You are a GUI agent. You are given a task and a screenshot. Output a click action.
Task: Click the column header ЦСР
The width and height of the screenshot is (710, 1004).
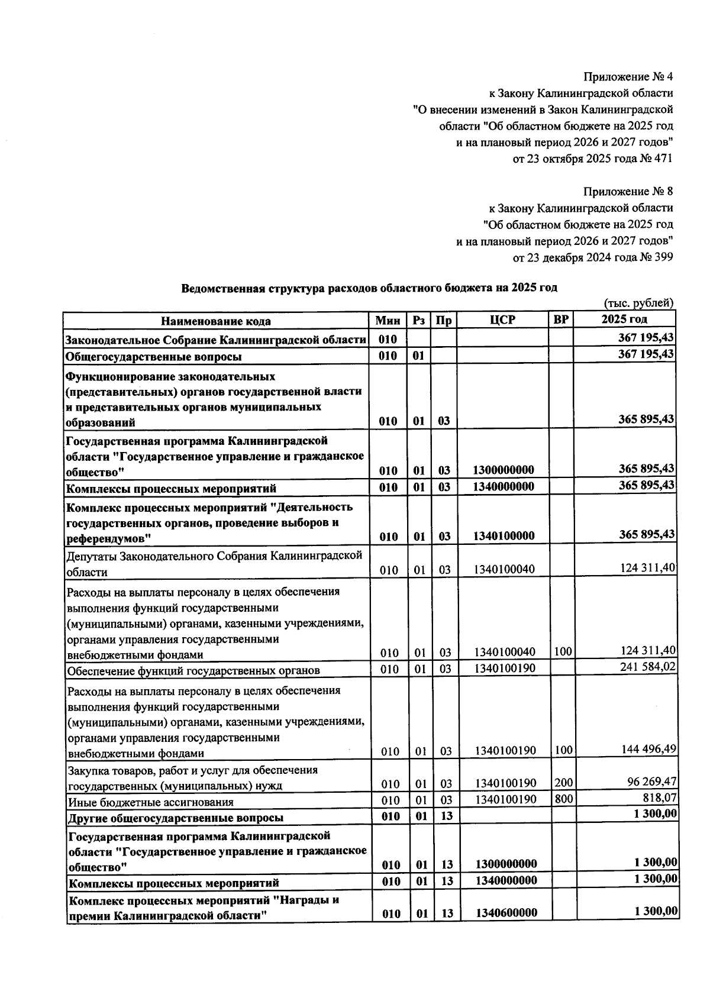point(502,319)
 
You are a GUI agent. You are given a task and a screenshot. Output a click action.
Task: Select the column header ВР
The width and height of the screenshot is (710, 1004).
point(560,319)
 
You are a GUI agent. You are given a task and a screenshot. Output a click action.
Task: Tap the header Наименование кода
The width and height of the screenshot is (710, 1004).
point(216,321)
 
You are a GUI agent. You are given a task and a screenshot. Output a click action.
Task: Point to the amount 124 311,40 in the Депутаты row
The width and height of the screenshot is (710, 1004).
point(648,568)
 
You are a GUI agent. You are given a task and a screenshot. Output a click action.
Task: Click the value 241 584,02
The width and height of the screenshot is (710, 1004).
point(648,667)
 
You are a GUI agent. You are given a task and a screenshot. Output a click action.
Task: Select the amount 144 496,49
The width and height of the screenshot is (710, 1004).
point(648,749)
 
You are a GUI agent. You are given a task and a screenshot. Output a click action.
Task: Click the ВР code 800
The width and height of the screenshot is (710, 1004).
point(563,799)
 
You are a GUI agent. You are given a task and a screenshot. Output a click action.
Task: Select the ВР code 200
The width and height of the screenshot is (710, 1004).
point(563,783)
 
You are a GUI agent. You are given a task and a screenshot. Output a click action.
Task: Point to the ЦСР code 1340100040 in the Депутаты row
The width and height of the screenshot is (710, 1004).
point(505,570)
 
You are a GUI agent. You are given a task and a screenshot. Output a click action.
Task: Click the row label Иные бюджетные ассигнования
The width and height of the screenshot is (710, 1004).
point(150,802)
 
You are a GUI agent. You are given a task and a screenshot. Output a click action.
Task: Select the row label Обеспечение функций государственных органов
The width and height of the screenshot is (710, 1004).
point(193,671)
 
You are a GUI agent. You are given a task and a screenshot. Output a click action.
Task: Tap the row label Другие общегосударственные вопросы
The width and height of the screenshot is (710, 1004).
point(176,818)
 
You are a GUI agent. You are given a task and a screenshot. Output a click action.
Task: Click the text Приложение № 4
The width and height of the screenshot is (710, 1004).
point(628,76)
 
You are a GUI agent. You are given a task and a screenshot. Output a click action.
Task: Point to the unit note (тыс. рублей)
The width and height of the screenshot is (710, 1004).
point(638,303)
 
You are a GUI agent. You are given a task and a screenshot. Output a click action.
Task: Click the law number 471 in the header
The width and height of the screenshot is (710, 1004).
point(663,159)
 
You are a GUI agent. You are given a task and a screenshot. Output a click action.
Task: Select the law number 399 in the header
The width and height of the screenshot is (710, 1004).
point(663,257)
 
